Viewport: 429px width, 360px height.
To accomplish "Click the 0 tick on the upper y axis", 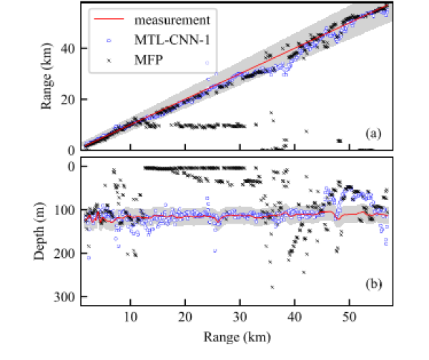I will [x=72, y=150].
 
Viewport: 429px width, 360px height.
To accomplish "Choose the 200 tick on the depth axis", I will [x=66, y=253].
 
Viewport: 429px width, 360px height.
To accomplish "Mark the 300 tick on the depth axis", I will [x=66, y=296].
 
